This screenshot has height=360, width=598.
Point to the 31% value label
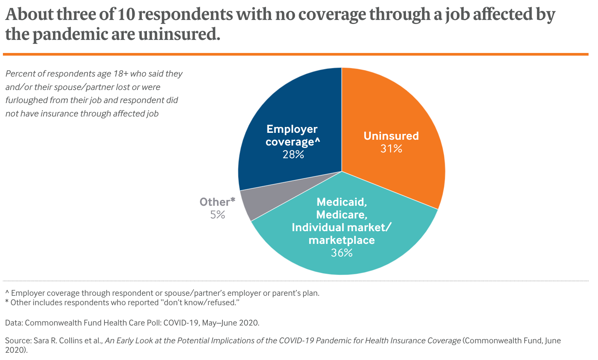pos(391,149)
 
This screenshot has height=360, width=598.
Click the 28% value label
pos(293,155)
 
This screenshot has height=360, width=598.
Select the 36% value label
pos(341,253)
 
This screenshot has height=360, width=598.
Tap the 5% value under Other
pos(218,215)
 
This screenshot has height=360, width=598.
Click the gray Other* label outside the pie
pos(217,202)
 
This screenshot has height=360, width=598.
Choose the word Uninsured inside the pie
pos(391,136)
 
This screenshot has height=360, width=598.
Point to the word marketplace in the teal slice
pos(341,240)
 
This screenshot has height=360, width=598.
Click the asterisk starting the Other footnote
pos(7,302)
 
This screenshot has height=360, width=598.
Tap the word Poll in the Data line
pos(152,323)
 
